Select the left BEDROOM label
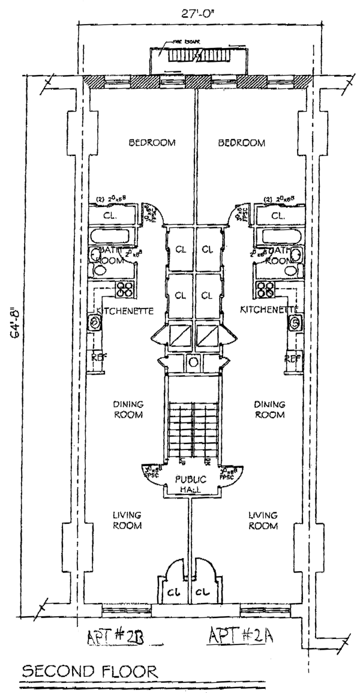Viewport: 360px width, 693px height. click(152, 143)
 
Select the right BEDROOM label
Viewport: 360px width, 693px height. click(241, 143)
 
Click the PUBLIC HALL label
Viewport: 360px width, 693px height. click(191, 484)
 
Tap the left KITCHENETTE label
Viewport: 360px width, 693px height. click(126, 311)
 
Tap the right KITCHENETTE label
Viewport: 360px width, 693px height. click(269, 310)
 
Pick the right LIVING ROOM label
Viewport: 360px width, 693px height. click(263, 520)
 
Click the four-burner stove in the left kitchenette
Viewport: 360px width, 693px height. click(125, 290)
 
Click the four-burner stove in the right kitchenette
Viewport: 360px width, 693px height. click(265, 290)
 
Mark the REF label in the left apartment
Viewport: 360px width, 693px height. click(98, 358)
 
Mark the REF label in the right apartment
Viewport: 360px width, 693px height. click(292, 358)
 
